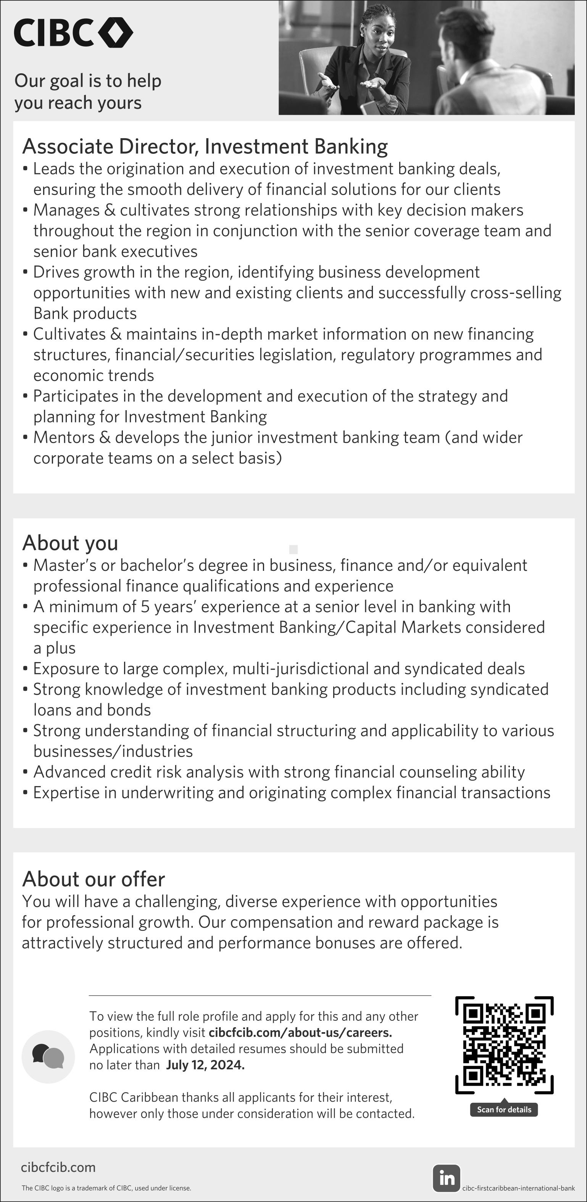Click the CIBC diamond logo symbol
(115, 32)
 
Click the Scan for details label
(504, 1109)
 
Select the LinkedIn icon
(446, 1178)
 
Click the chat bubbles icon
(48, 1056)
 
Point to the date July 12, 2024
(205, 1065)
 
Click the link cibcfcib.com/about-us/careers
(300, 1033)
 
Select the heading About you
(70, 543)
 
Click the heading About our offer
(94, 879)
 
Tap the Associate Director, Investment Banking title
(205, 146)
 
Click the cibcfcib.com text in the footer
(58, 1168)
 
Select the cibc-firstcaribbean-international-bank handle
(518, 1188)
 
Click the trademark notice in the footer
(106, 1188)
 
